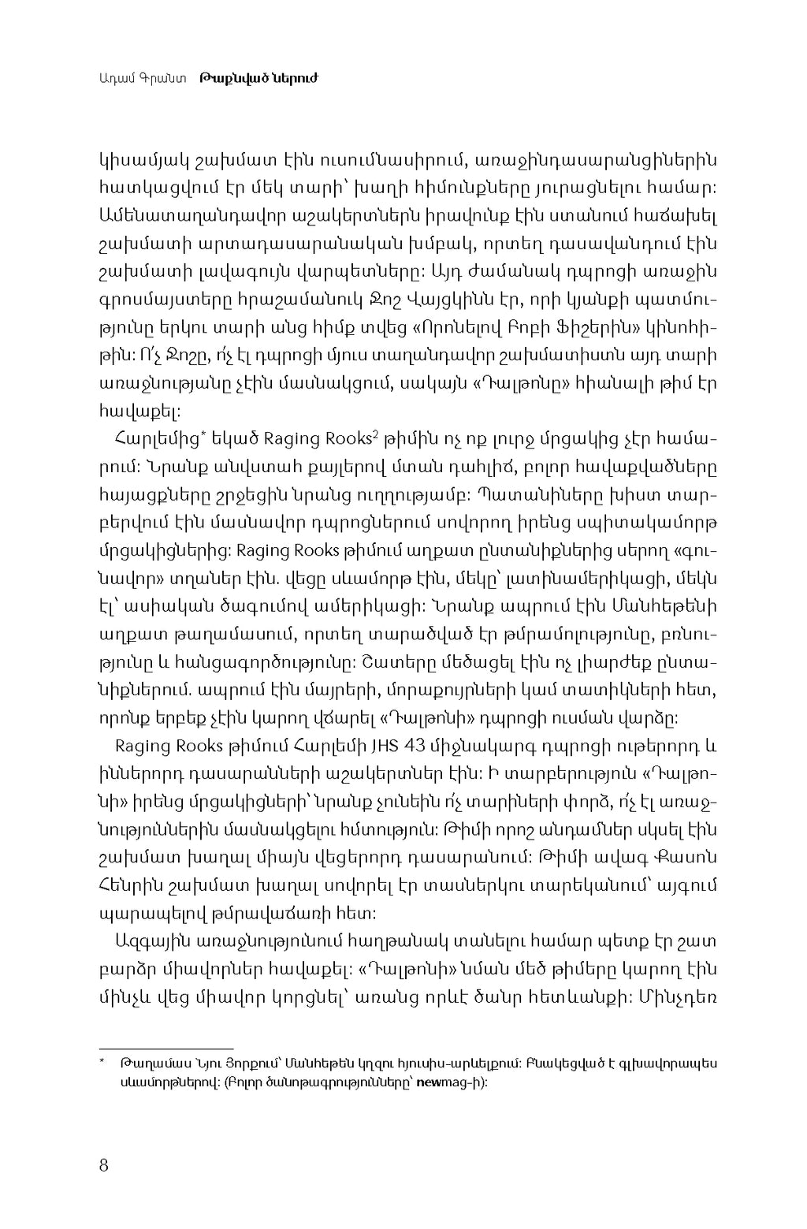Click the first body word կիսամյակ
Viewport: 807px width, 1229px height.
click(x=142, y=159)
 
